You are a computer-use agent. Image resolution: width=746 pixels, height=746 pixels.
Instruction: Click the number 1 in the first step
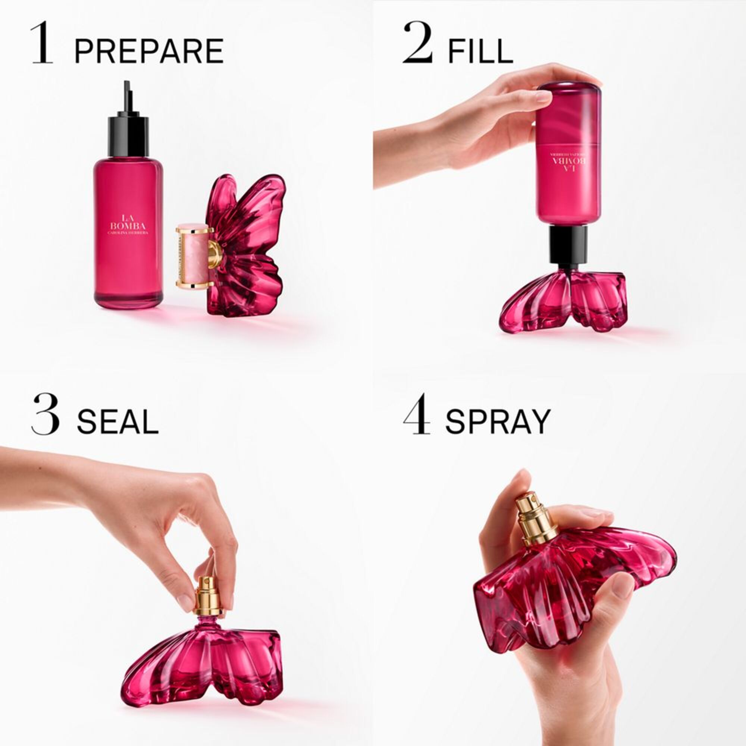[42, 43]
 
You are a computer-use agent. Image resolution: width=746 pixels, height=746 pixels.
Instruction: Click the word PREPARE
[149, 51]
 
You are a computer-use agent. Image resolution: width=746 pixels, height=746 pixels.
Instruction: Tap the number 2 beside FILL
[417, 43]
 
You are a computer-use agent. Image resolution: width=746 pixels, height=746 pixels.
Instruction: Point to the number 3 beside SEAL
[45, 414]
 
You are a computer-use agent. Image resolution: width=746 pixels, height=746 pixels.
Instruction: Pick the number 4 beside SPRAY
[417, 414]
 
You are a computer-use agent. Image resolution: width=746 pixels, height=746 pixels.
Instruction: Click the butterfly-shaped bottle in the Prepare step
[247, 247]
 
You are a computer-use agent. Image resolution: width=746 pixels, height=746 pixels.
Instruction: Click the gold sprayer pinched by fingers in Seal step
[208, 596]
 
